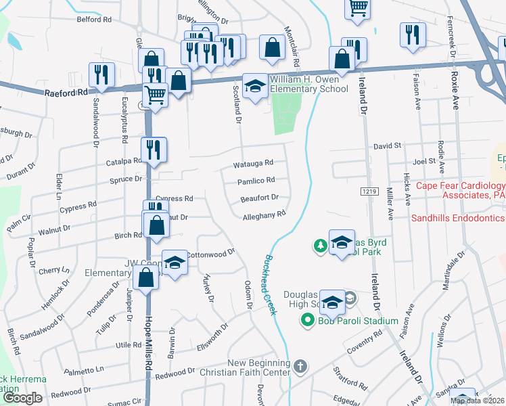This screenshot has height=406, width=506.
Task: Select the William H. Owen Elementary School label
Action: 309,85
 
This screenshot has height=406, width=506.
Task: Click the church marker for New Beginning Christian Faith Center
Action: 300,367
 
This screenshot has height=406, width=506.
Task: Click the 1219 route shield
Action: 369,192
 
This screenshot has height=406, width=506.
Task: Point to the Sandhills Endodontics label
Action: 459,218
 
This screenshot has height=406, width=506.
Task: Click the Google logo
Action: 22,397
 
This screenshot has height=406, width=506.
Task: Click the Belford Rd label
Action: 94,20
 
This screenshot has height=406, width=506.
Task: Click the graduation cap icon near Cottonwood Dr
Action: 175,263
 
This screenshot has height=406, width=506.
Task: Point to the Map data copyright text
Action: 477,401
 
